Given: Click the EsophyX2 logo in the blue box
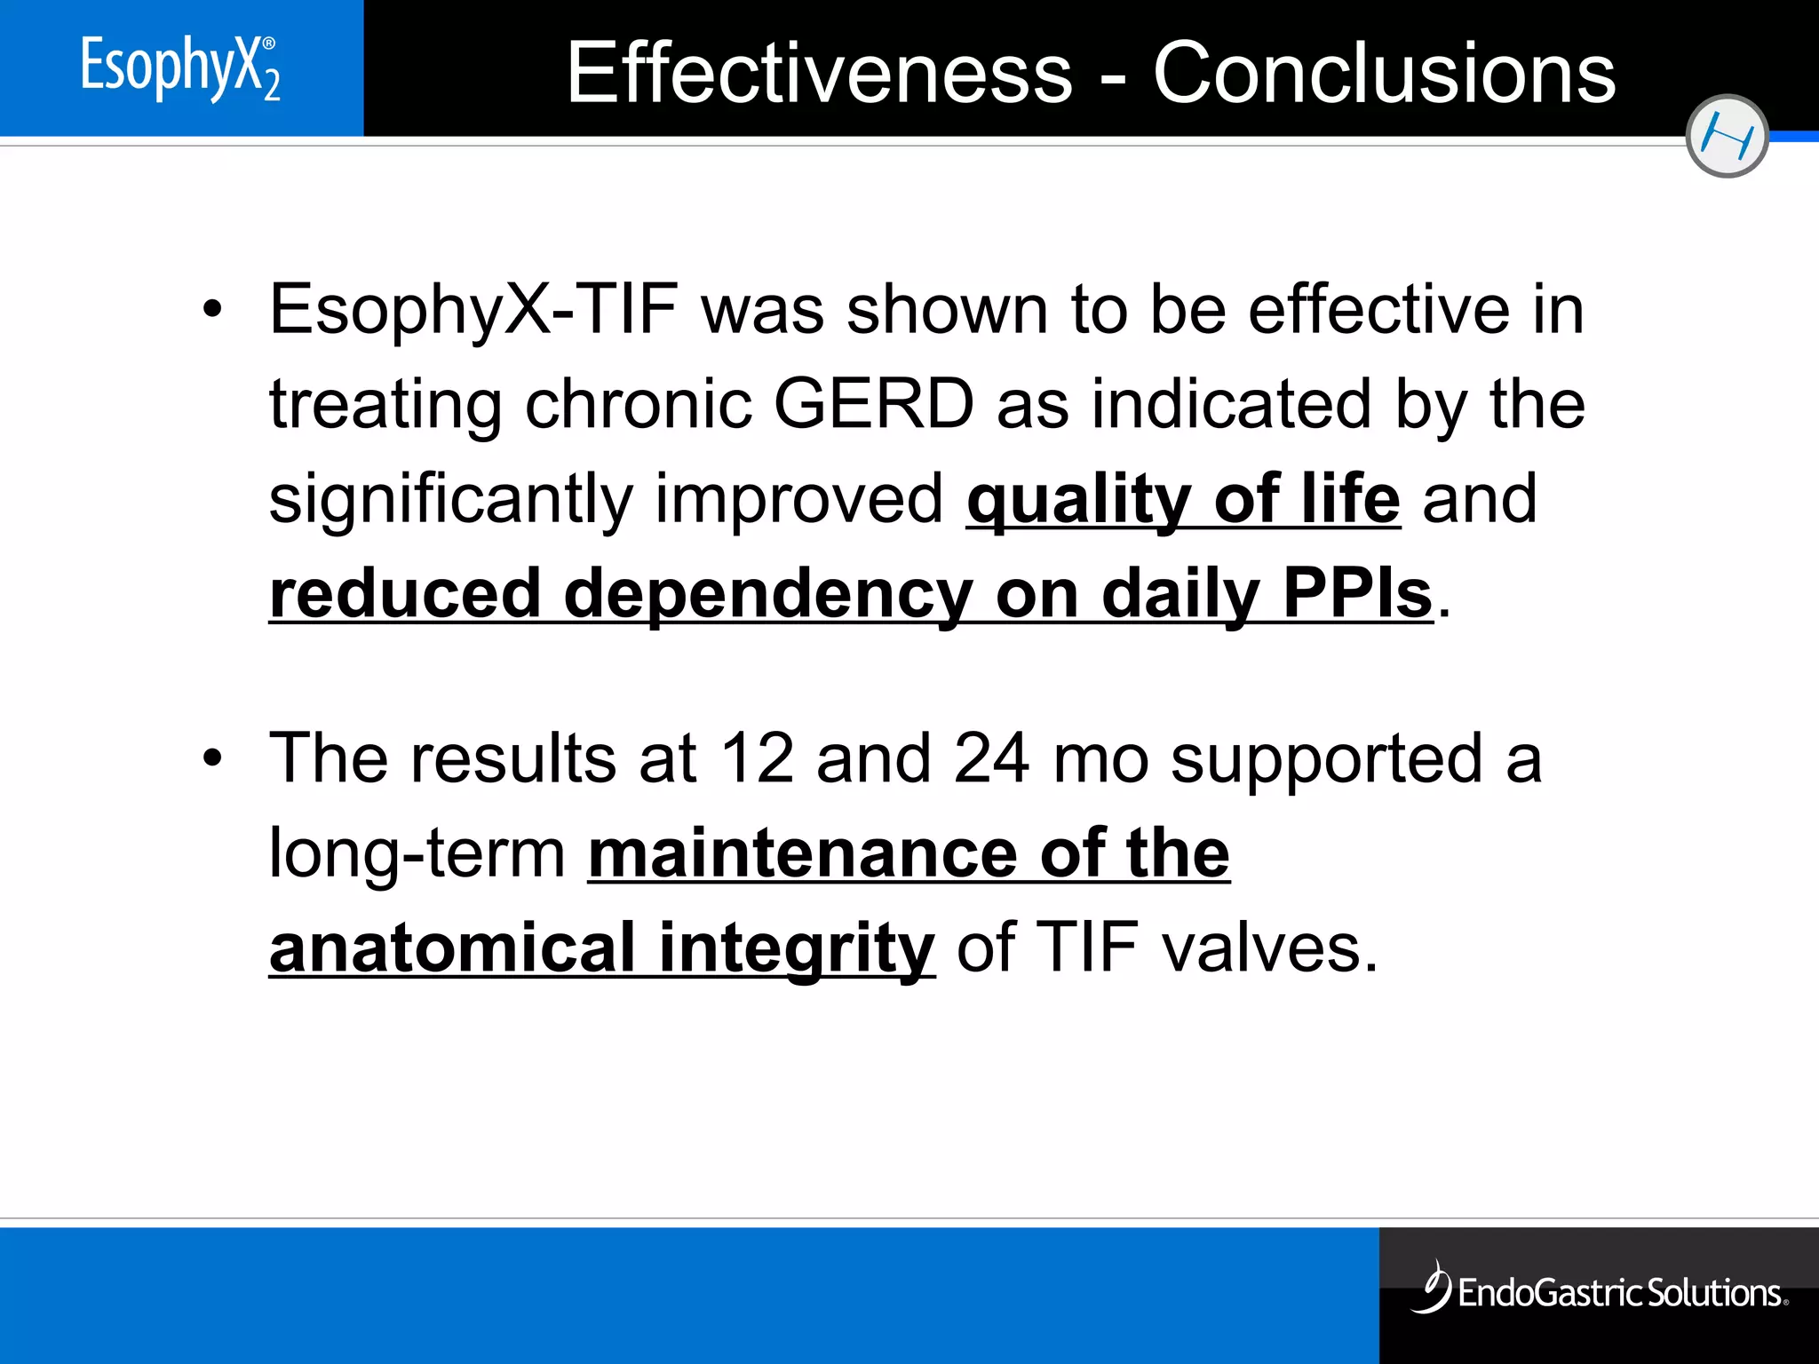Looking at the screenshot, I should [180, 67].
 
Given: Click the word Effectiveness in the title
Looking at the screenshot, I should [819, 73].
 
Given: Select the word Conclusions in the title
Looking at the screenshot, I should [1384, 73].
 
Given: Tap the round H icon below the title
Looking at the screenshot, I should [1726, 136].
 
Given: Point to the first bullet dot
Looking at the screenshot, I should [211, 310].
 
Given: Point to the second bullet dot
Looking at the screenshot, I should [211, 758].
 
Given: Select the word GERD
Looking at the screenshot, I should [874, 405].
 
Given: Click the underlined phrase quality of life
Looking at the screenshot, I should [1183, 500].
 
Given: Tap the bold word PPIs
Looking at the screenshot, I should [1357, 593].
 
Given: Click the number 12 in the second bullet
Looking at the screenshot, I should [757, 758].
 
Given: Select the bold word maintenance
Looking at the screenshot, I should [803, 853].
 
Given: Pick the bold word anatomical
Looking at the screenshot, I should [452, 948].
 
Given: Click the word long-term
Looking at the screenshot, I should [417, 855].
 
